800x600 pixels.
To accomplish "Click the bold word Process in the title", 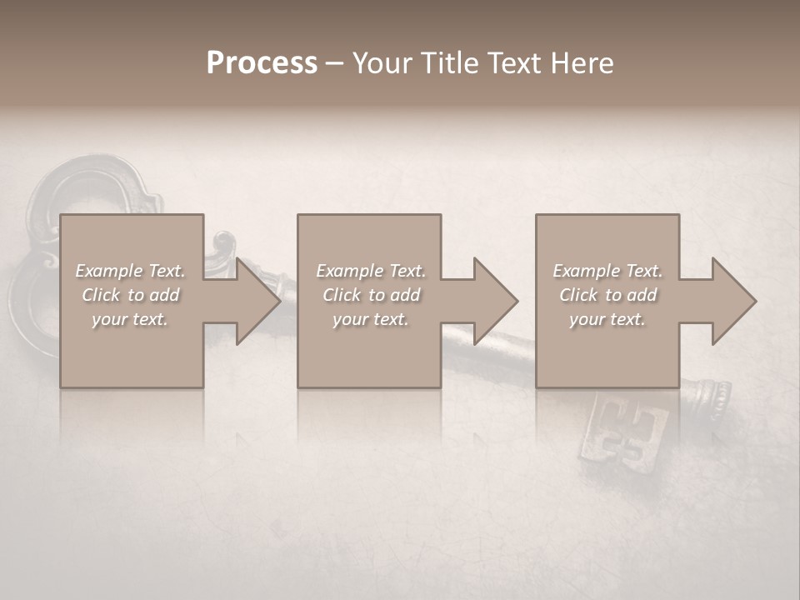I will [x=262, y=63].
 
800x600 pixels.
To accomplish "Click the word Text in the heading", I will [x=512, y=63].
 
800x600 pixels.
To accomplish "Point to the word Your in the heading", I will [x=384, y=63].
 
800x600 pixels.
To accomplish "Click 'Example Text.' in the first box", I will [x=130, y=271].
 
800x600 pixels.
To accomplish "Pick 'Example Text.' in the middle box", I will [x=370, y=271].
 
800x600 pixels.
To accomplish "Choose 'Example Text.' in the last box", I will [x=607, y=271].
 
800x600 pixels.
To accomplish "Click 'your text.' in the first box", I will [x=130, y=319].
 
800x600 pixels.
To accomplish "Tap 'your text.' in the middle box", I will [x=370, y=319].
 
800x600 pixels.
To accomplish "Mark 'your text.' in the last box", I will [x=607, y=319].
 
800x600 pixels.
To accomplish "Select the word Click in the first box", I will [x=101, y=295].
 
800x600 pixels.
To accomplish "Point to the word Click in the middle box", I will [x=342, y=295].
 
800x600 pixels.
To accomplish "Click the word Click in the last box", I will [x=578, y=295].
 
